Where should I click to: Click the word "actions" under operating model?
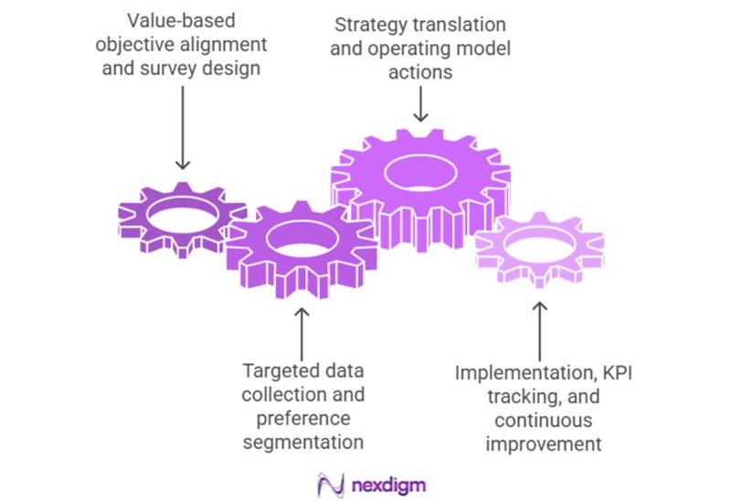420,72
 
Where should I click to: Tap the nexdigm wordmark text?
388,484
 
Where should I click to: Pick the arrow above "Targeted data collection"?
303,330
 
